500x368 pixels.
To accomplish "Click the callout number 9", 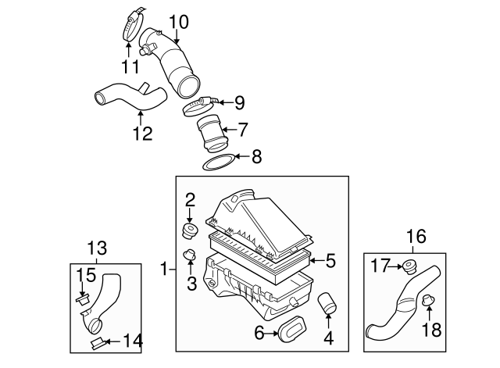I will click(x=240, y=102).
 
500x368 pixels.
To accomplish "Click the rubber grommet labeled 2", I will click(x=188, y=230).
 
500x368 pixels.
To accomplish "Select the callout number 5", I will click(x=330, y=260).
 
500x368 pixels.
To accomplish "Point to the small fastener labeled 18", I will click(x=428, y=299).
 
